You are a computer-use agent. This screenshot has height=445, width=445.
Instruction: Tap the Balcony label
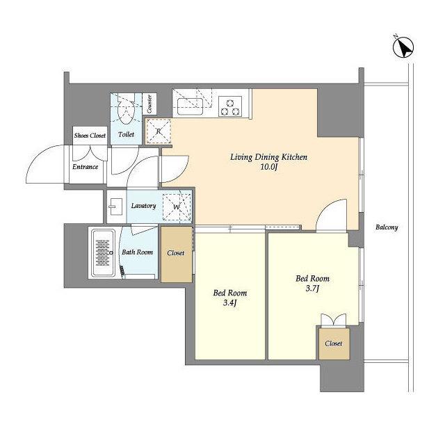(387, 227)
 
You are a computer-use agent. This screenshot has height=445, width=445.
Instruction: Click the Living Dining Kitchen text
(268, 157)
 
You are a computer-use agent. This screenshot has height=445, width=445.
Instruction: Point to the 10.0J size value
(268, 167)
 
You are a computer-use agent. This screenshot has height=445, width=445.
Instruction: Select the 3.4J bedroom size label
(230, 303)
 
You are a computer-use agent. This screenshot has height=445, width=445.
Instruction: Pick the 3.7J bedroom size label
(312, 289)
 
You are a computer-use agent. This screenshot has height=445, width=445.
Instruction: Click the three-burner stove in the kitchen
(230, 106)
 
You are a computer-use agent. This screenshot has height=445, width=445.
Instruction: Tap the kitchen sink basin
(190, 106)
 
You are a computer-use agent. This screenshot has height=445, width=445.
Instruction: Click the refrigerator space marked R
(159, 131)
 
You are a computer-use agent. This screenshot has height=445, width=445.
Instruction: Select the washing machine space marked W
(177, 207)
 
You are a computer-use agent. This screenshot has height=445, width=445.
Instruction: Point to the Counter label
(149, 104)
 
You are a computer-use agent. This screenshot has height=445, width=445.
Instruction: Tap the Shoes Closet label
(90, 136)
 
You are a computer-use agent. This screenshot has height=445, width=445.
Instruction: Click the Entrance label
(85, 167)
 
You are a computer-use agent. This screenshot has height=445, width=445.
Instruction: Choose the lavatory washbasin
(116, 207)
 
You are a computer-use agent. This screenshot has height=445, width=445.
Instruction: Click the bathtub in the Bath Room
(103, 253)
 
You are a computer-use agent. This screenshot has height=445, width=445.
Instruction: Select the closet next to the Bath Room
(176, 254)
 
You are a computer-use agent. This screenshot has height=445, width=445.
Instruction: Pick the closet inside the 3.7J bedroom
(334, 344)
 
